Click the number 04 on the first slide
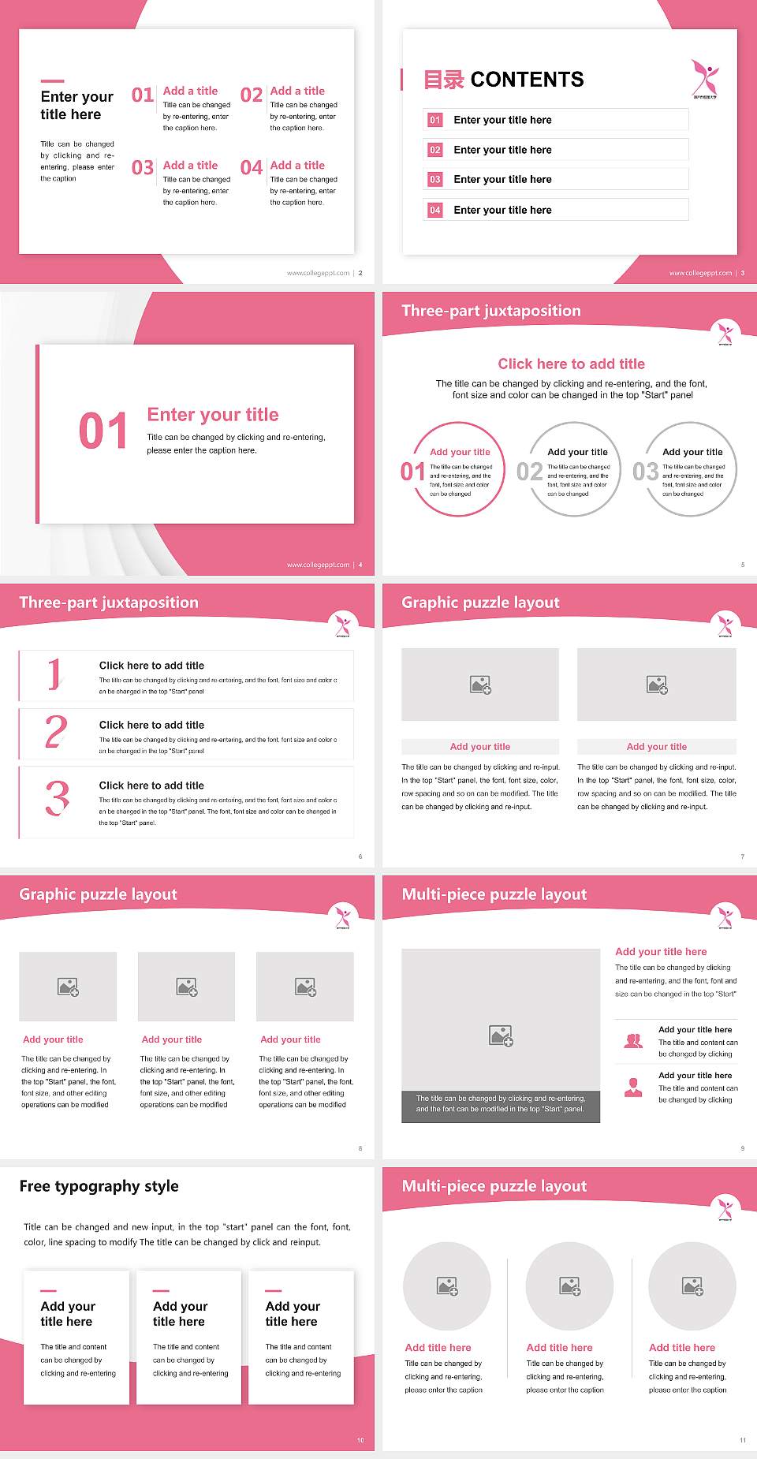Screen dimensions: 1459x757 (x=252, y=168)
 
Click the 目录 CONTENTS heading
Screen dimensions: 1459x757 (x=504, y=80)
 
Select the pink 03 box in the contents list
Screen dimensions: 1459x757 (x=435, y=180)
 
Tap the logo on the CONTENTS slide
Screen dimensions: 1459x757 (x=705, y=78)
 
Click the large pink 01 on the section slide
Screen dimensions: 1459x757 (x=103, y=431)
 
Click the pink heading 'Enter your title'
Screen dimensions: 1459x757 (x=213, y=415)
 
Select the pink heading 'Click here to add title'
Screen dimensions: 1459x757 (x=571, y=364)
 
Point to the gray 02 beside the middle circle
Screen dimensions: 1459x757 (x=530, y=472)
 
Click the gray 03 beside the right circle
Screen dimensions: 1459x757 (x=646, y=472)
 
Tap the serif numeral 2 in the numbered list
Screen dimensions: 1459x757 (x=56, y=732)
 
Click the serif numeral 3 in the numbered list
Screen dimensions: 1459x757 (x=57, y=798)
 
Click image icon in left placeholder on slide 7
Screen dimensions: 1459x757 (x=480, y=685)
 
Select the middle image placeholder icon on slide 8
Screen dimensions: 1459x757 (x=187, y=987)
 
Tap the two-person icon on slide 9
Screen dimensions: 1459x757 (x=633, y=1041)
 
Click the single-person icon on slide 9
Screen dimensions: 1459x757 (x=633, y=1088)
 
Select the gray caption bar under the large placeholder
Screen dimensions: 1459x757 (x=501, y=1103)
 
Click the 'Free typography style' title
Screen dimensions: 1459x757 (x=99, y=1186)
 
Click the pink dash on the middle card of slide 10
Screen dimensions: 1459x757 (x=161, y=1291)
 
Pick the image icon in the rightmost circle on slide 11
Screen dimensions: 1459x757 (x=692, y=1286)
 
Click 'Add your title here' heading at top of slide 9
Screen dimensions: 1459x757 (x=661, y=952)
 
